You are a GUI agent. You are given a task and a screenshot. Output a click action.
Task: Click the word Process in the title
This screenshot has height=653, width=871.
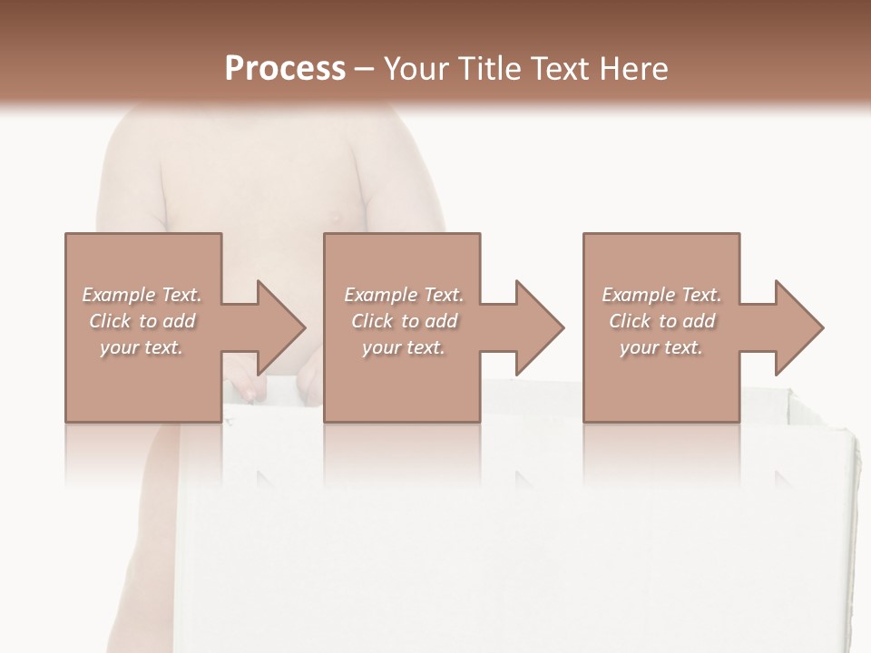click(x=285, y=69)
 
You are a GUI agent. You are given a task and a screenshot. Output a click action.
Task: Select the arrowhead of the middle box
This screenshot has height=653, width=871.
click(x=539, y=327)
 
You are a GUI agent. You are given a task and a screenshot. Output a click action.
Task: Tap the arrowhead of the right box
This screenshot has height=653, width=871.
click(x=798, y=327)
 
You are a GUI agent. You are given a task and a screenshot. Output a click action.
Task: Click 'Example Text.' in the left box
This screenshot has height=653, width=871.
click(x=142, y=295)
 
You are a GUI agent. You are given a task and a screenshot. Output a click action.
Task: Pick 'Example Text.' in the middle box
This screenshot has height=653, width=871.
click(x=404, y=295)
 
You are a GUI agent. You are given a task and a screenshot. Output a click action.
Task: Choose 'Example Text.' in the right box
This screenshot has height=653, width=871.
click(x=661, y=295)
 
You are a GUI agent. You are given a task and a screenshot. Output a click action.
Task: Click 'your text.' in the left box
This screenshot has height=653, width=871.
click(x=142, y=347)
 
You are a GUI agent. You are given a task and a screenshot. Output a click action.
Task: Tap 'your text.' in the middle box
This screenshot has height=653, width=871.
click(x=404, y=347)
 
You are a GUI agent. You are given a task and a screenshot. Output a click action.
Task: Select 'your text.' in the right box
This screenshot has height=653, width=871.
click(x=661, y=347)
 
